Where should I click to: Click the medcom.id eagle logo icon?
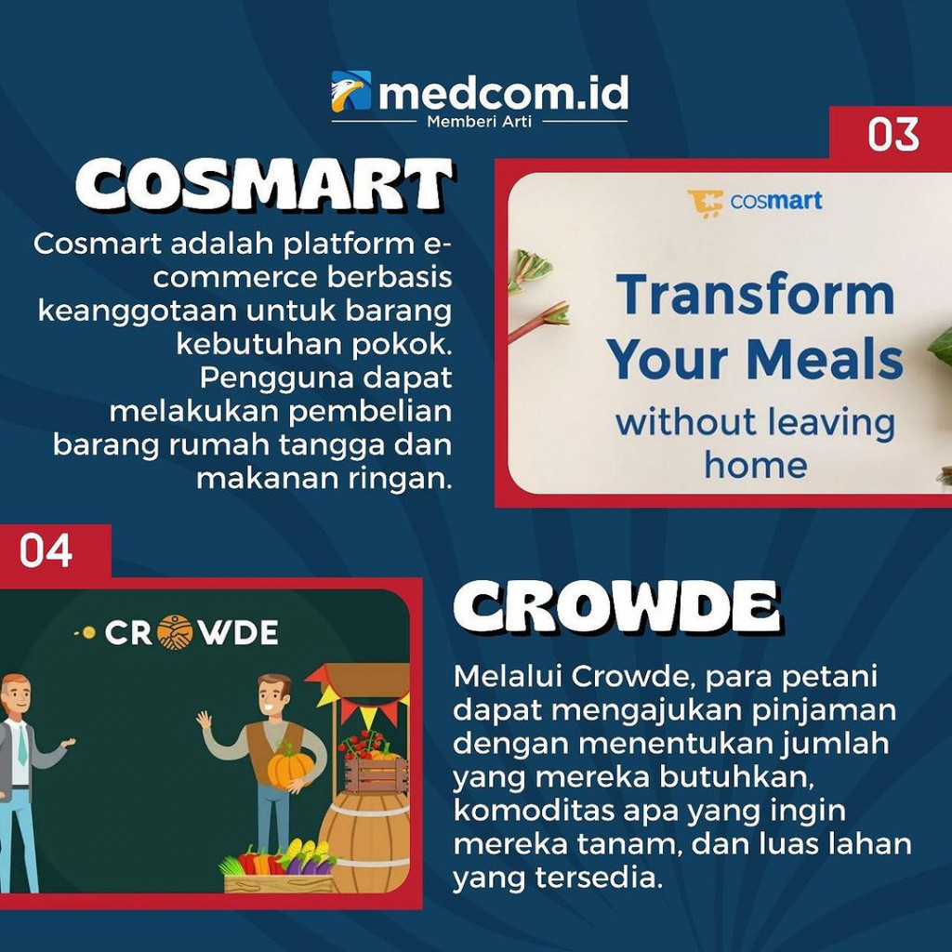click(x=350, y=91)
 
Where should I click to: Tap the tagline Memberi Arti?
click(x=479, y=122)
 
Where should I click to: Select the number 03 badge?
click(x=893, y=135)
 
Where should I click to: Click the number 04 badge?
click(x=46, y=551)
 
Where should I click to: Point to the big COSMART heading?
click(x=264, y=186)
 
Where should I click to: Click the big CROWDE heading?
click(x=616, y=610)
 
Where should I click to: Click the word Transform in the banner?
click(x=756, y=295)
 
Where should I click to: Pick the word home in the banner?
click(x=755, y=464)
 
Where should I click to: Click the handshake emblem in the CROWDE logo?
click(x=174, y=633)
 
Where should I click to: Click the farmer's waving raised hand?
click(x=205, y=719)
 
